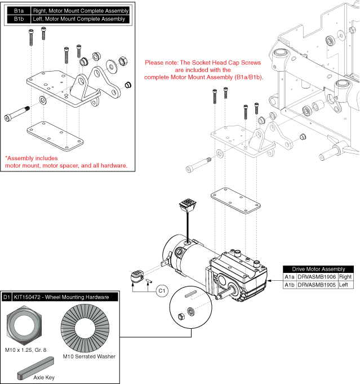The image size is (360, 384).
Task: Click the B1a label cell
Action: (19, 11)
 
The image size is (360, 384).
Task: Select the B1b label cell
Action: (19, 19)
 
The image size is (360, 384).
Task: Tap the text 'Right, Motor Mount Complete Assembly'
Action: (81, 11)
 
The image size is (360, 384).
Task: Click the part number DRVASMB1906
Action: (317, 277)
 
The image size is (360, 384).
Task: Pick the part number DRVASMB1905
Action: (317, 285)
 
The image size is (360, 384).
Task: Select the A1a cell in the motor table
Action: (290, 277)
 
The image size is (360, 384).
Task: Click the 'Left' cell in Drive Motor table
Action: (344, 285)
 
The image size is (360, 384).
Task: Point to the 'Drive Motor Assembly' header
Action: (318, 269)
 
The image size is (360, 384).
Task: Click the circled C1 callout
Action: (162, 291)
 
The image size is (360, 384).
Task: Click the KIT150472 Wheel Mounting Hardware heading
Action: (61, 297)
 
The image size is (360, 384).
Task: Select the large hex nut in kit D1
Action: (24, 325)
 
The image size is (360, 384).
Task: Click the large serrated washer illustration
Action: (85, 328)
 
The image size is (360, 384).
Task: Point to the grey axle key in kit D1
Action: (35, 368)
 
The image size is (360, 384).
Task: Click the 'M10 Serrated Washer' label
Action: (89, 356)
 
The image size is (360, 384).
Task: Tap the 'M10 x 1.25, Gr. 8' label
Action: (26, 350)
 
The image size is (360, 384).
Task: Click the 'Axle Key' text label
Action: (44, 377)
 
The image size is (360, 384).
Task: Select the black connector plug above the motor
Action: (188, 205)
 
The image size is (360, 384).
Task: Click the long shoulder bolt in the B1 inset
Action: (17, 114)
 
